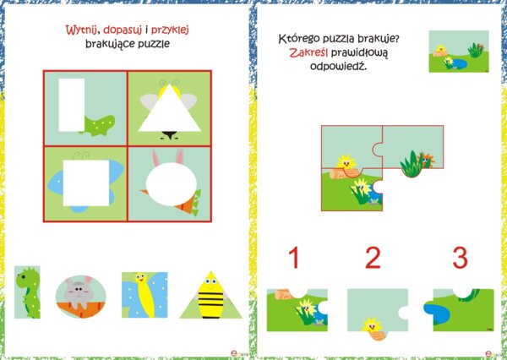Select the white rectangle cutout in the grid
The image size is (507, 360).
[72, 105]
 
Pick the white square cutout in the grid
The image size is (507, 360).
[85, 177]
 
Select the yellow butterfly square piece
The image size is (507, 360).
[143, 295]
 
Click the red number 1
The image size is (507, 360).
[294, 259]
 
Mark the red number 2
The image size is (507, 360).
[374, 259]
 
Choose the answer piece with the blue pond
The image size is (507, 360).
[463, 309]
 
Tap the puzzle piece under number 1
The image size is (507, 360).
[297, 310]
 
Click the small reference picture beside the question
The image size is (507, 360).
[459, 52]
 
